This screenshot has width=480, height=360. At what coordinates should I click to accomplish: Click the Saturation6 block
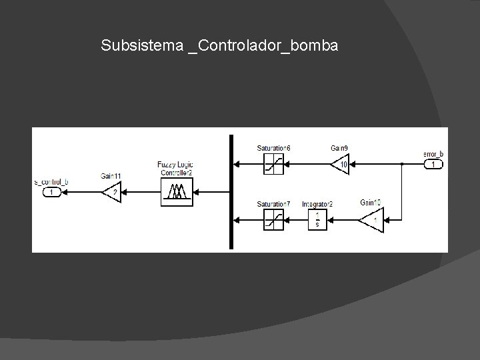[273, 163]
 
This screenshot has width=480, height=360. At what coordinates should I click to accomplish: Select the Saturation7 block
[273, 219]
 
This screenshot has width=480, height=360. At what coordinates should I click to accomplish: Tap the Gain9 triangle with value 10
[341, 163]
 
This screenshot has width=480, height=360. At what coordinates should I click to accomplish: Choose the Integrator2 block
[317, 219]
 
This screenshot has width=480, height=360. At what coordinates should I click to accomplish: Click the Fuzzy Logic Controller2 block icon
[177, 191]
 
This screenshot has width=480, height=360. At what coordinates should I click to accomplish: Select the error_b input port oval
[433, 164]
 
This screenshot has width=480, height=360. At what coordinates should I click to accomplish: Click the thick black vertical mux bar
[231, 191]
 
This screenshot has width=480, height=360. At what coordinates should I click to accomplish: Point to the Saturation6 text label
[273, 147]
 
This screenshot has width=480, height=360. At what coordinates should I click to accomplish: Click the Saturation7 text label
[273, 203]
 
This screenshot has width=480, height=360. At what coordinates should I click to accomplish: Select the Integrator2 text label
[317, 203]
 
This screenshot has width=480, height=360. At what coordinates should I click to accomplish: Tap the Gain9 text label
[339, 147]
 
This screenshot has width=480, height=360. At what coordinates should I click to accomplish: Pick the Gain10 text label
[369, 202]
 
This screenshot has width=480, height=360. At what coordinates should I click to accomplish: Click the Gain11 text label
[111, 176]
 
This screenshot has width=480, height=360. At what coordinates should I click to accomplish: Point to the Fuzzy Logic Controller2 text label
[175, 169]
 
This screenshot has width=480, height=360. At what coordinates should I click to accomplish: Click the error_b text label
[433, 154]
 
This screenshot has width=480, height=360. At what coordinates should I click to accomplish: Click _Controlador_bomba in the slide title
[263, 46]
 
